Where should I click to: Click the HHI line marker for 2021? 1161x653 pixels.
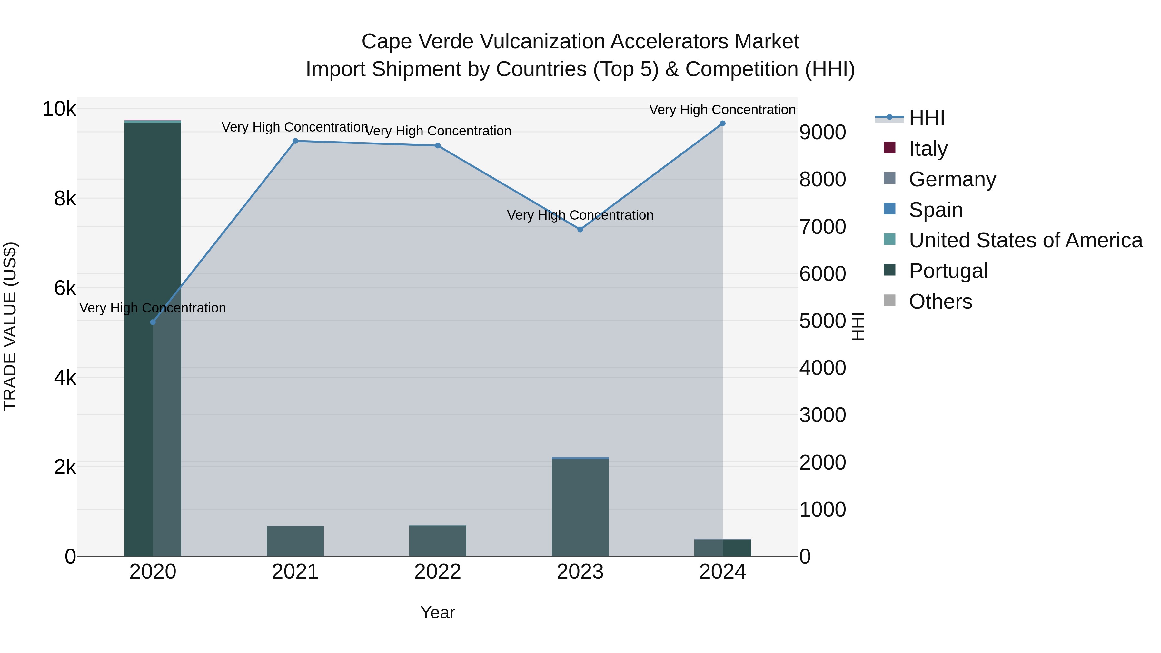point(295,141)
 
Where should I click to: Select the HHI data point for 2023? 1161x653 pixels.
point(580,229)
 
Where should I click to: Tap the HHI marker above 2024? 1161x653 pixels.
point(722,124)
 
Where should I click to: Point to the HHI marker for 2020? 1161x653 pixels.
point(153,322)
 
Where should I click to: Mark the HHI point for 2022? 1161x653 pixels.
point(438,145)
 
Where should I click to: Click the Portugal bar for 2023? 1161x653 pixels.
point(580,507)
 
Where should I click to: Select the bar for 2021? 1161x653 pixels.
point(295,541)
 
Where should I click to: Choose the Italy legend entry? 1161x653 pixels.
point(928,149)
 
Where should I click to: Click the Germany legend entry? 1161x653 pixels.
point(952,179)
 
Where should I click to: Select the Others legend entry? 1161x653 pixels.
point(940,302)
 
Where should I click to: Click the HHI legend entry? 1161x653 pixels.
point(926,118)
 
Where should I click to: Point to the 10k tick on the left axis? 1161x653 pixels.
point(59,109)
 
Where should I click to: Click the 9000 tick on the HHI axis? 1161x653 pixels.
point(822,133)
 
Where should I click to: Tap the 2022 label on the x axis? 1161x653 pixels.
point(438,572)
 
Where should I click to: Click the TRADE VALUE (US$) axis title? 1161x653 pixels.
point(10,326)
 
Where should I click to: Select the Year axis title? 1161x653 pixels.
point(438,612)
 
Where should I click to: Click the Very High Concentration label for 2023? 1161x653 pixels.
point(580,215)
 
